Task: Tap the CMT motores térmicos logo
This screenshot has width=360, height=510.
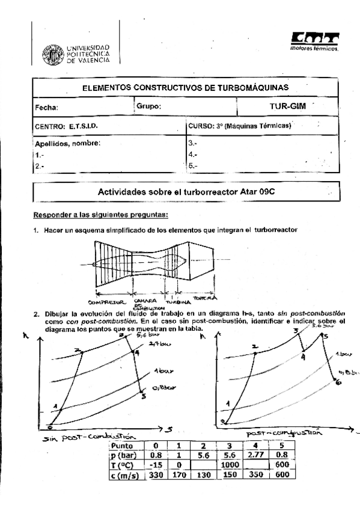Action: click(314, 41)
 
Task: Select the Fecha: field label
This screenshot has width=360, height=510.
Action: click(46, 108)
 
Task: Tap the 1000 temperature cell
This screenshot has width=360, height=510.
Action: click(229, 465)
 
